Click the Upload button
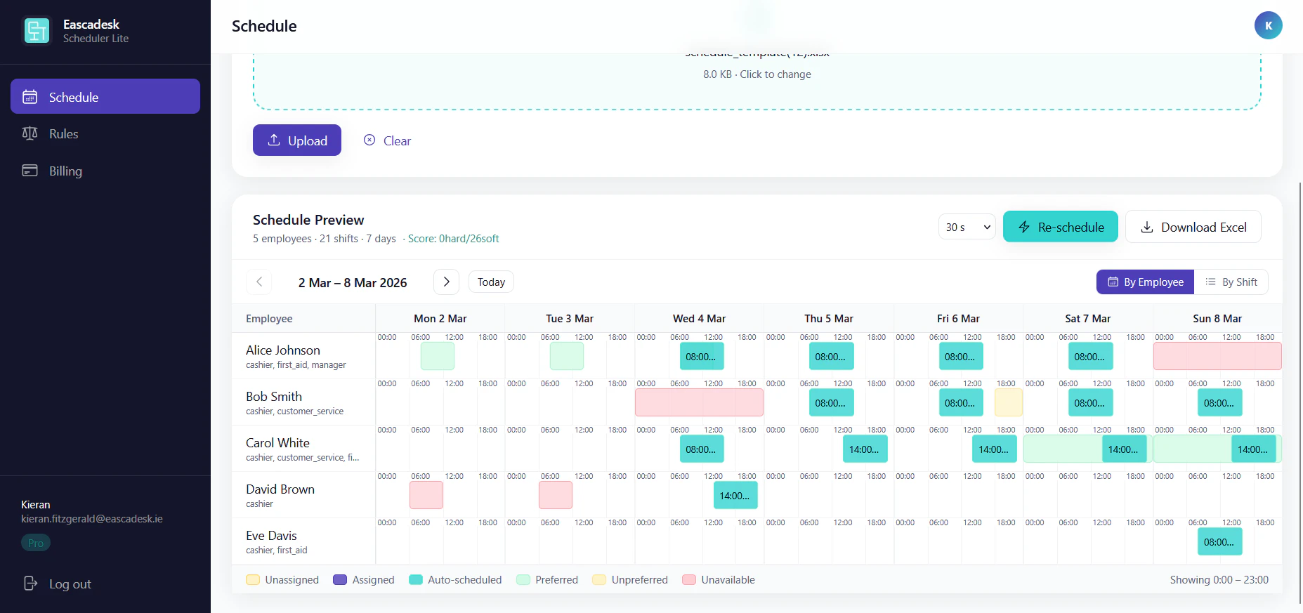coord(297,140)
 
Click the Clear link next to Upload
coord(388,140)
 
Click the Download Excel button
coord(1193,227)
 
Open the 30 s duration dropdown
coord(967,227)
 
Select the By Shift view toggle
coord(1231,282)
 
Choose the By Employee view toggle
coord(1145,282)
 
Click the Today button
coord(491,282)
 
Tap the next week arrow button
coord(446,282)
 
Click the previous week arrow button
coord(259,282)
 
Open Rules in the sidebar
coord(63,133)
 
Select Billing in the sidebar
coord(65,171)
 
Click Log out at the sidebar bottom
coord(69,584)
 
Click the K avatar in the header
coord(1268,25)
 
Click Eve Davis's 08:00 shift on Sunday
coord(1219,541)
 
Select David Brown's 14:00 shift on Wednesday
coord(735,495)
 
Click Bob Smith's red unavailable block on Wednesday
coord(699,402)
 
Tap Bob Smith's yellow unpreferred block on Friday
coord(1008,402)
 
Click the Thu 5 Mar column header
coord(828,318)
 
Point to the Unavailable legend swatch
coord(689,579)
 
